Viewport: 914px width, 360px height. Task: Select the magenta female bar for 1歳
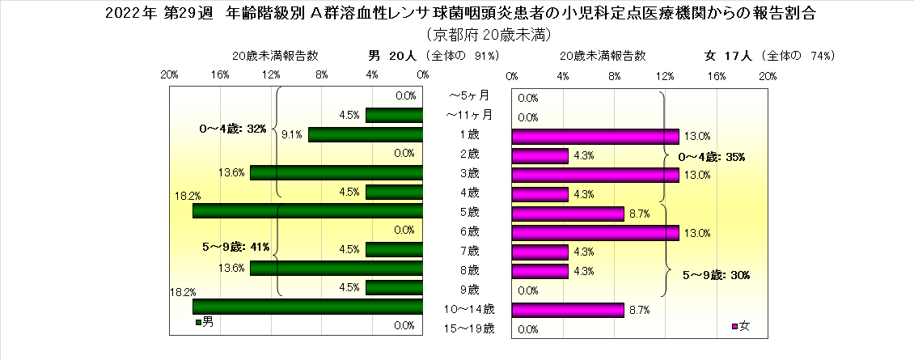tap(595, 135)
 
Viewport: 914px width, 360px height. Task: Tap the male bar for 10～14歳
tap(307, 307)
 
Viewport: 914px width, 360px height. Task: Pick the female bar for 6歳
tap(595, 232)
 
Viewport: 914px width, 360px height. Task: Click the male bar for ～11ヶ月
tap(394, 116)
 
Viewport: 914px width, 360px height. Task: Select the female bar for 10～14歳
tap(568, 310)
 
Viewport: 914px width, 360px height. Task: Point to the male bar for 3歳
tap(336, 172)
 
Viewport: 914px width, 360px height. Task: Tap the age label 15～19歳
tap(470, 328)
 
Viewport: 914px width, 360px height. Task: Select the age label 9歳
tap(469, 289)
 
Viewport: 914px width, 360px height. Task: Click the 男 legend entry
tap(204, 322)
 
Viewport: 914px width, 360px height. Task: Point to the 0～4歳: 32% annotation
tap(233, 129)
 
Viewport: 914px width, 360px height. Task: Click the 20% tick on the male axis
tap(170, 75)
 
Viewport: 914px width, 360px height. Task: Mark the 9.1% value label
tap(292, 135)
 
